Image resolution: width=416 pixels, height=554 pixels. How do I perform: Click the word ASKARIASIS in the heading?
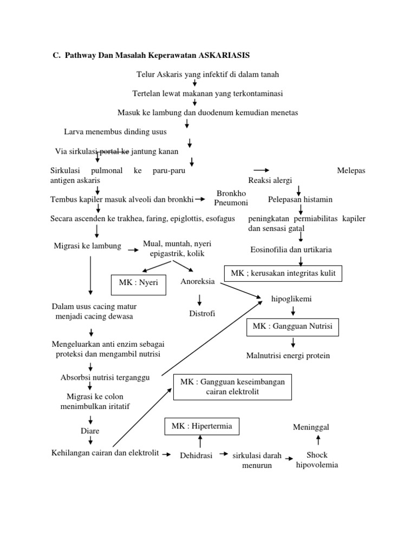(224, 55)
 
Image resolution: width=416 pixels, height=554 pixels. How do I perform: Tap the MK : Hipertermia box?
(201, 426)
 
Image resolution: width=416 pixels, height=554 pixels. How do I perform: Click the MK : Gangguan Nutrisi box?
(292, 327)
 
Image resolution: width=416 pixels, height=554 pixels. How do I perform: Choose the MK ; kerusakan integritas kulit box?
(283, 273)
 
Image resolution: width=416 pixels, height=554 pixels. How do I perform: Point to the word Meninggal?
(311, 427)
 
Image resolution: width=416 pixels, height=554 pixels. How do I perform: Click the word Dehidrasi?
(196, 456)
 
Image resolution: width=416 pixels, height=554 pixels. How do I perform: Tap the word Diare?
(90, 431)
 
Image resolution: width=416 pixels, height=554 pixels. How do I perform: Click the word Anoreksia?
(198, 281)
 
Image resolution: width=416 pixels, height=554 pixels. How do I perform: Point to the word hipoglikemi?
(291, 299)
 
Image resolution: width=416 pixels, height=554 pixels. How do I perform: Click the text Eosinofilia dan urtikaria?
(291, 249)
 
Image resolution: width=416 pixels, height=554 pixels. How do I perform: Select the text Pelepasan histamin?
(300, 200)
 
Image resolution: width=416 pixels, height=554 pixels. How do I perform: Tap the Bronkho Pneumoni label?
(231, 198)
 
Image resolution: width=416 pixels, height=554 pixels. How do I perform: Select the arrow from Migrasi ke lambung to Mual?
(133, 250)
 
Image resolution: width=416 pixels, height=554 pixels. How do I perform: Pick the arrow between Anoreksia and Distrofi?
(199, 299)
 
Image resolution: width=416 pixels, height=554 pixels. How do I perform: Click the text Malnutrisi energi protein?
(288, 355)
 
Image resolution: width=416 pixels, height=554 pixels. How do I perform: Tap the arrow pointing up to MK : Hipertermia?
(200, 441)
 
